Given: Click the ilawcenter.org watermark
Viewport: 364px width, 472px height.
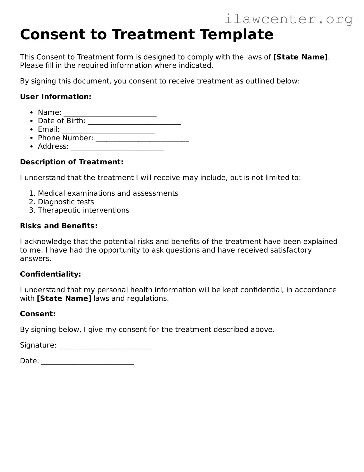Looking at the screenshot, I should point(288,19).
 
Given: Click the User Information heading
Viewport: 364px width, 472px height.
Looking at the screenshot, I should point(56,97).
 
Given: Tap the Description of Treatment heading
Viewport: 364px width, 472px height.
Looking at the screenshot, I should point(72,162).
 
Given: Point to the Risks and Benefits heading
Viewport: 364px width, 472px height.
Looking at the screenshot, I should point(59,226).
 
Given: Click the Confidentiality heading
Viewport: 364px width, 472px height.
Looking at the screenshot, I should point(51,274).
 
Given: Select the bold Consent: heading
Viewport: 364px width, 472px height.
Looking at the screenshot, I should point(38,314).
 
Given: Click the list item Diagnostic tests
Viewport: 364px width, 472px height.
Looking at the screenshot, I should point(66,202).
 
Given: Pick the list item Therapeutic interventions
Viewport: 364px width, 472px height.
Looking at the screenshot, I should point(83,210).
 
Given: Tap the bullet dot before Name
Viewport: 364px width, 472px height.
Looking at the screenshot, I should point(31,113).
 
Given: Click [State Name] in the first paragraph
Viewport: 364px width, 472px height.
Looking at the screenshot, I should point(301,57).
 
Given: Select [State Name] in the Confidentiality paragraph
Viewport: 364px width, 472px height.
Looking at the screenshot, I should point(64,298).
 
